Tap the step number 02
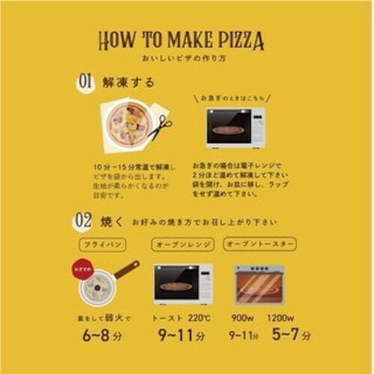click(83, 221)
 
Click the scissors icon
click(159, 128)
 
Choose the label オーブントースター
click(260, 245)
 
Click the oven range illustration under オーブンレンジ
click(183, 283)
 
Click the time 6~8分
click(102, 335)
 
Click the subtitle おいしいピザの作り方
click(186, 58)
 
